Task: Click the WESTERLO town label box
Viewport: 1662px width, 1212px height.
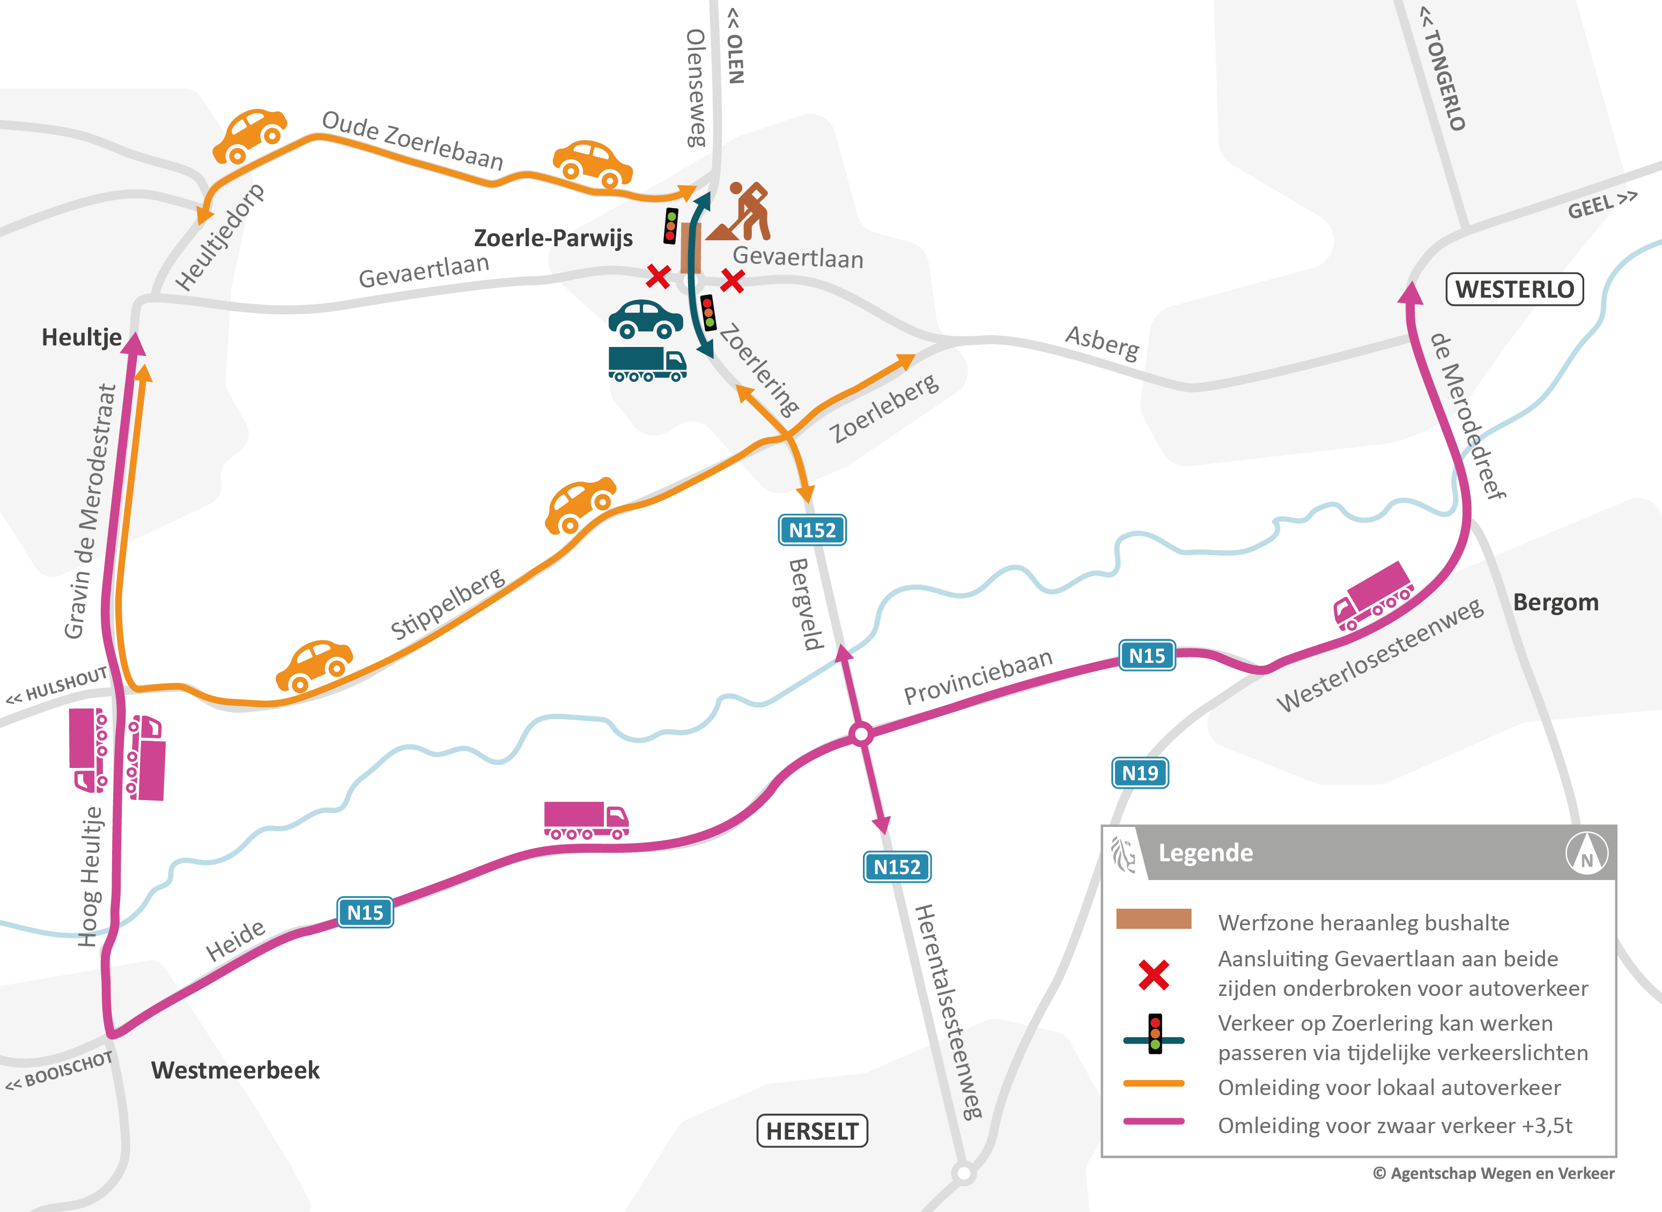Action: pyautogui.click(x=1514, y=289)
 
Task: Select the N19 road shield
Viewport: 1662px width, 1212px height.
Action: pyautogui.click(x=1140, y=773)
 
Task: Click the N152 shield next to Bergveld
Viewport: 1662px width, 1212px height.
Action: pyautogui.click(x=811, y=530)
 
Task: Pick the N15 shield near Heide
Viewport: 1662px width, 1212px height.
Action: pyautogui.click(x=365, y=912)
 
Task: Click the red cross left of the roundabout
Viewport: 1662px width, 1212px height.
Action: pyautogui.click(x=658, y=277)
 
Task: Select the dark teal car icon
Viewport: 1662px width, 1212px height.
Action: pyautogui.click(x=645, y=319)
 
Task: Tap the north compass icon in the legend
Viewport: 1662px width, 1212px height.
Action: pyautogui.click(x=1586, y=853)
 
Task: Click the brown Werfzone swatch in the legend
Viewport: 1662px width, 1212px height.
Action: pyautogui.click(x=1154, y=919)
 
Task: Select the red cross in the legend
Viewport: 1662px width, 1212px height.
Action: pyautogui.click(x=1154, y=974)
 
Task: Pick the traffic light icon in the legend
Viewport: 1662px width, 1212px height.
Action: pyautogui.click(x=1154, y=1034)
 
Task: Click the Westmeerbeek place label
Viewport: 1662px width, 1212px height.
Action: pyautogui.click(x=235, y=1070)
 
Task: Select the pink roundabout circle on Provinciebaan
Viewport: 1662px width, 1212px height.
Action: pyautogui.click(x=861, y=734)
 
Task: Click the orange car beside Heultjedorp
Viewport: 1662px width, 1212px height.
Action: pyautogui.click(x=249, y=136)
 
